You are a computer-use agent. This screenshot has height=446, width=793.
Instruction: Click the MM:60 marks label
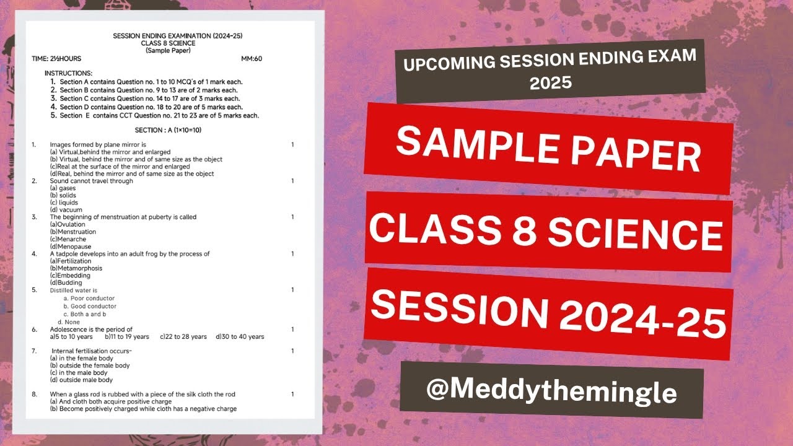[252, 59]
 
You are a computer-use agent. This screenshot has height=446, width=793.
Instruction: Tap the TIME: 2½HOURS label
[56, 59]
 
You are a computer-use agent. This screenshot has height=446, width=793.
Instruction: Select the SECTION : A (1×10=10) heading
[168, 130]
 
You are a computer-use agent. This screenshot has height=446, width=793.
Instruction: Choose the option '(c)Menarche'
[68, 239]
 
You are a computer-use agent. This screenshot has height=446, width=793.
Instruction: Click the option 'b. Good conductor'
[90, 306]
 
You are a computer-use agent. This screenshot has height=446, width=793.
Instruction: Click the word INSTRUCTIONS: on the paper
[68, 74]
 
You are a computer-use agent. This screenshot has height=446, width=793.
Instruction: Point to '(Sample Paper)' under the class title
[168, 51]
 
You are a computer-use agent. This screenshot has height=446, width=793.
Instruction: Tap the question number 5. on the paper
[35, 290]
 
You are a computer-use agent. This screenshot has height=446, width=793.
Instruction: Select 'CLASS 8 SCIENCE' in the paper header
[168, 43]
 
